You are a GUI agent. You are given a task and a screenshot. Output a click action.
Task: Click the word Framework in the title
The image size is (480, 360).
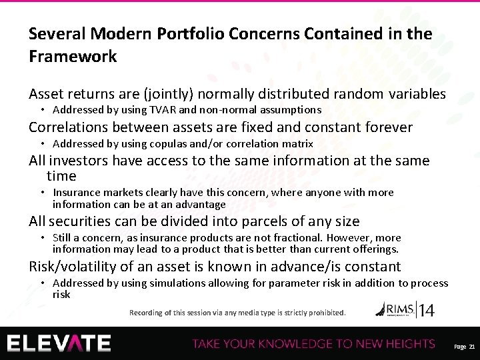click(73, 56)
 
